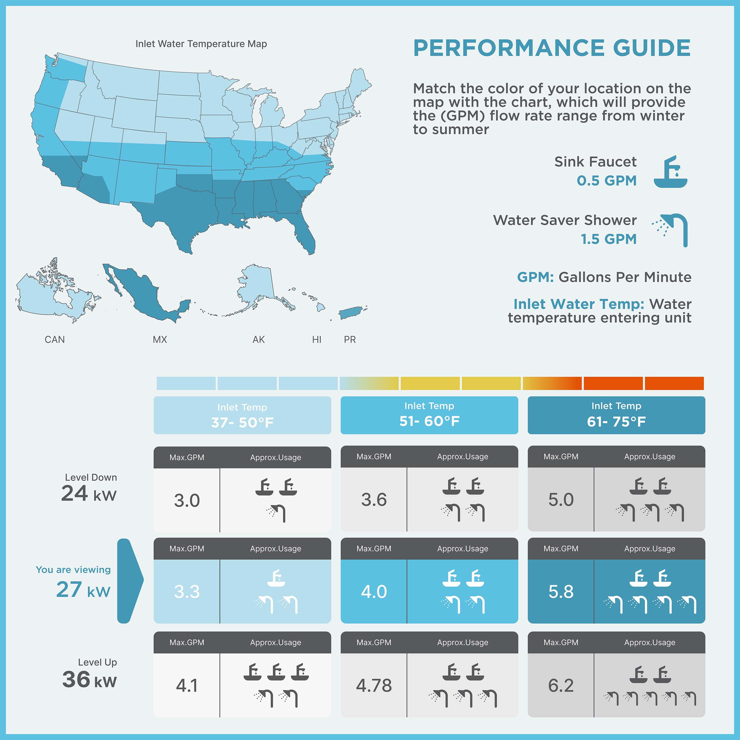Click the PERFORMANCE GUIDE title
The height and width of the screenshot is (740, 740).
(551, 48)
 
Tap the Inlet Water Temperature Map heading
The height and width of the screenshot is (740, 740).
(201, 44)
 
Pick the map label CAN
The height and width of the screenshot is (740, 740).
(55, 339)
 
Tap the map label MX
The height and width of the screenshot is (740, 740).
(160, 339)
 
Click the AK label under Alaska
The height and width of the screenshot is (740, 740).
(258, 339)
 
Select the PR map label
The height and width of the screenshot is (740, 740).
(350, 339)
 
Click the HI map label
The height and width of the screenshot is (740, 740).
(316, 339)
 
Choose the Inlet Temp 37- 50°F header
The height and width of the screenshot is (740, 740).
(242, 415)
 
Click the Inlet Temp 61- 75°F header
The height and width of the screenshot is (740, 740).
(616, 415)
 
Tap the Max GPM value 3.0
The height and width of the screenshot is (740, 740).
(187, 500)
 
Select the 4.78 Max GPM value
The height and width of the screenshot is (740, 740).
(374, 685)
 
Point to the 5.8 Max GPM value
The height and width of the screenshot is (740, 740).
(561, 591)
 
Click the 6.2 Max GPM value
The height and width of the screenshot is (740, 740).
(561, 685)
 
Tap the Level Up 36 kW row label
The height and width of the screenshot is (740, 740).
(90, 674)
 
